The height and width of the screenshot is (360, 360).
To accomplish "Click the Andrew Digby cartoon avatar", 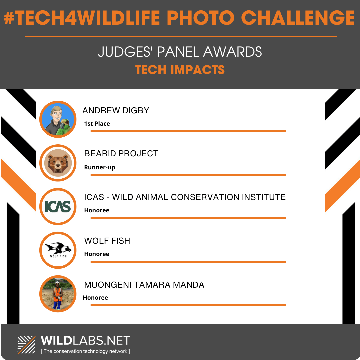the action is pyautogui.click(x=58, y=119).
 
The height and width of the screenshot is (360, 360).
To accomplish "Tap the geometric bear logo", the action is pyautogui.click(x=58, y=163).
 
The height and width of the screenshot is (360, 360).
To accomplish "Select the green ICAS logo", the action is pyautogui.click(x=58, y=206).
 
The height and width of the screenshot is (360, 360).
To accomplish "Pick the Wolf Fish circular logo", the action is pyautogui.click(x=58, y=250).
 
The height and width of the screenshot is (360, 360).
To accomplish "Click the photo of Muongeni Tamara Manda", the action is pyautogui.click(x=58, y=294).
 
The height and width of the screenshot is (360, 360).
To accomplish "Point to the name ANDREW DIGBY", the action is pyautogui.click(x=116, y=110).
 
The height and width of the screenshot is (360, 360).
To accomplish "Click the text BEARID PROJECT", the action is pyautogui.click(x=121, y=153).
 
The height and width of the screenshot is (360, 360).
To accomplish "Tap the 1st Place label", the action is pyautogui.click(x=97, y=124).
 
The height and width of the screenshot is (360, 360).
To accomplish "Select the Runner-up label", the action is pyautogui.click(x=100, y=167).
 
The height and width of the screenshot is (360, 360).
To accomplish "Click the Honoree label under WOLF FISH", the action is pyautogui.click(x=97, y=254).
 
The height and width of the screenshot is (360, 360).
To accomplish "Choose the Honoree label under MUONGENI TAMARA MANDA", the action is pyautogui.click(x=95, y=298).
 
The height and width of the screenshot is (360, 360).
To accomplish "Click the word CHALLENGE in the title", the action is pyautogui.click(x=298, y=18).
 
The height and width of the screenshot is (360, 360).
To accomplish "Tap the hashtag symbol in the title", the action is pyautogui.click(x=9, y=18).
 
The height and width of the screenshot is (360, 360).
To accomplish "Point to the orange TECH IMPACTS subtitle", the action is pyautogui.click(x=180, y=70).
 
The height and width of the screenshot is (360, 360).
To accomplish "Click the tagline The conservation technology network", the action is pyautogui.click(x=85, y=351).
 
